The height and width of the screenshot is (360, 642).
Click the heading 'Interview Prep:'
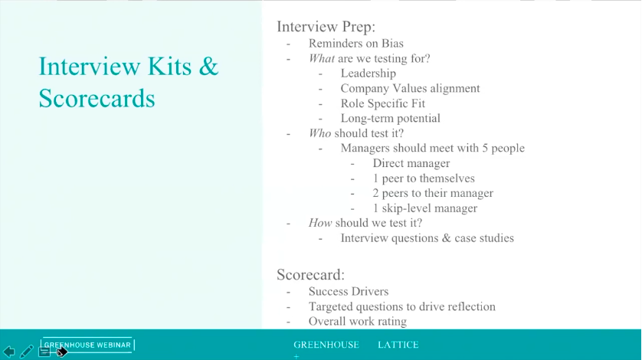pos(326,27)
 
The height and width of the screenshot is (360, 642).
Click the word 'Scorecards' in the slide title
pos(97,98)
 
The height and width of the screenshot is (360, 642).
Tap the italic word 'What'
pos(321,58)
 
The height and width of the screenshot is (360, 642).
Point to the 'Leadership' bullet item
pos(368,74)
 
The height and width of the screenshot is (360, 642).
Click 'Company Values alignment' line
pos(410,88)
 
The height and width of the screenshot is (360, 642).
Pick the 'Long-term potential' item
pos(390,118)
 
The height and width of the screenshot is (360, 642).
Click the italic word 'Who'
pos(319,133)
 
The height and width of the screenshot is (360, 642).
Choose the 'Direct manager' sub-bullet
pos(411,163)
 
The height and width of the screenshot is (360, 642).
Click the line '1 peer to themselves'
pos(424,178)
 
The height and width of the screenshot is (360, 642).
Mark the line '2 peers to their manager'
pos(433,193)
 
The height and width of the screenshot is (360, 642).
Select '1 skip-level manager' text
pos(424,208)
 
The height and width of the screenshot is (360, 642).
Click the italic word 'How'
pos(320,223)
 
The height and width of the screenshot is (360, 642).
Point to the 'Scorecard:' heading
pos(310,273)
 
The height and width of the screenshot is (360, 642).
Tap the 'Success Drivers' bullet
pos(348,291)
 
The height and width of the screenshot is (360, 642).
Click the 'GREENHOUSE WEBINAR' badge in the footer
pos(87,345)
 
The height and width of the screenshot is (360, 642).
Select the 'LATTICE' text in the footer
pos(398,345)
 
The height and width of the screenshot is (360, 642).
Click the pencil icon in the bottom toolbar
pos(27,352)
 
